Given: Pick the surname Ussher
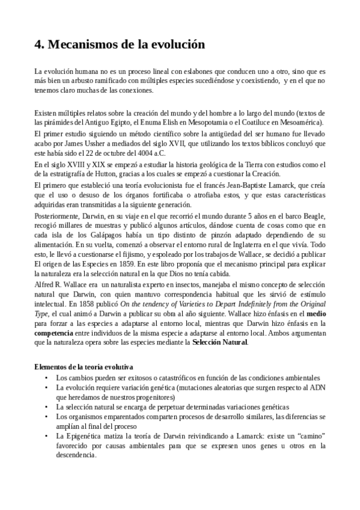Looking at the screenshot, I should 94,144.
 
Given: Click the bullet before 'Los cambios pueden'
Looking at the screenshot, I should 47,377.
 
